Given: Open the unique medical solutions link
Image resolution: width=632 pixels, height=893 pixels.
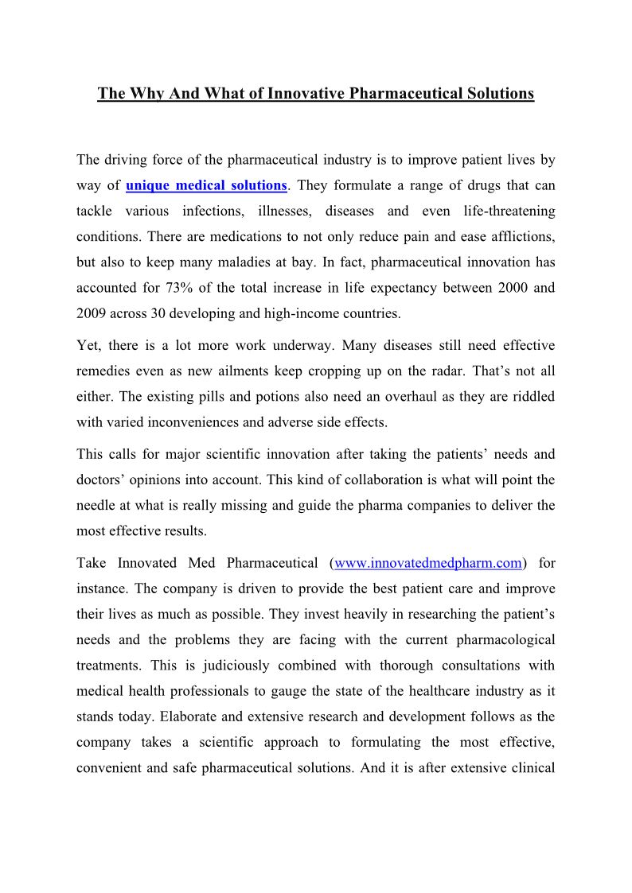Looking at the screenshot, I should (x=206, y=185).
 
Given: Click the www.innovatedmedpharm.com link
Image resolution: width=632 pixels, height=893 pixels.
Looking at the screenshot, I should (x=428, y=563).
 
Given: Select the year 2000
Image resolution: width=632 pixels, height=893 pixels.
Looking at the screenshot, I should (x=503, y=288).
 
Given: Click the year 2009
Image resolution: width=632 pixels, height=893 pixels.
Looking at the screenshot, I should (x=92, y=313).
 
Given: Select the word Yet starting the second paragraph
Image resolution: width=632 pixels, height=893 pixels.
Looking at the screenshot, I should (x=88, y=345).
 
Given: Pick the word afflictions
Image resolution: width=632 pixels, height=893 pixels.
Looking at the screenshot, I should (x=520, y=237).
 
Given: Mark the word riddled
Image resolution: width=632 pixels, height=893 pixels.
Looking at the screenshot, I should (x=534, y=396).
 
